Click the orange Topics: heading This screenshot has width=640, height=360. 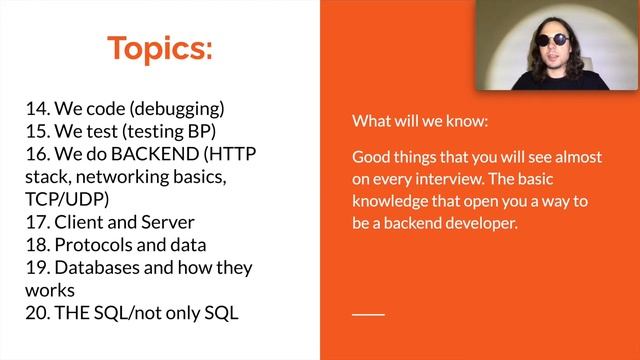pyautogui.click(x=160, y=48)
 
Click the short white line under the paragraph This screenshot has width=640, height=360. pyautogui.click(x=368, y=314)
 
